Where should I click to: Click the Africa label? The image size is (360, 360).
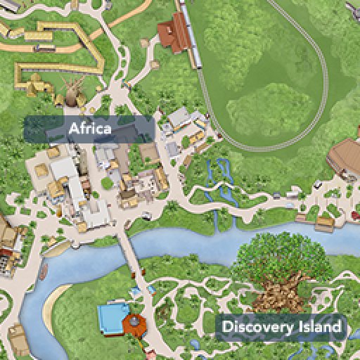(x=89, y=129)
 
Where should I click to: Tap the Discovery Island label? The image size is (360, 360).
(x=281, y=327)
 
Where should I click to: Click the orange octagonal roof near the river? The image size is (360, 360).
(x=133, y=323)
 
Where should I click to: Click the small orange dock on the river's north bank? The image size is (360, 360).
(x=323, y=224)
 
